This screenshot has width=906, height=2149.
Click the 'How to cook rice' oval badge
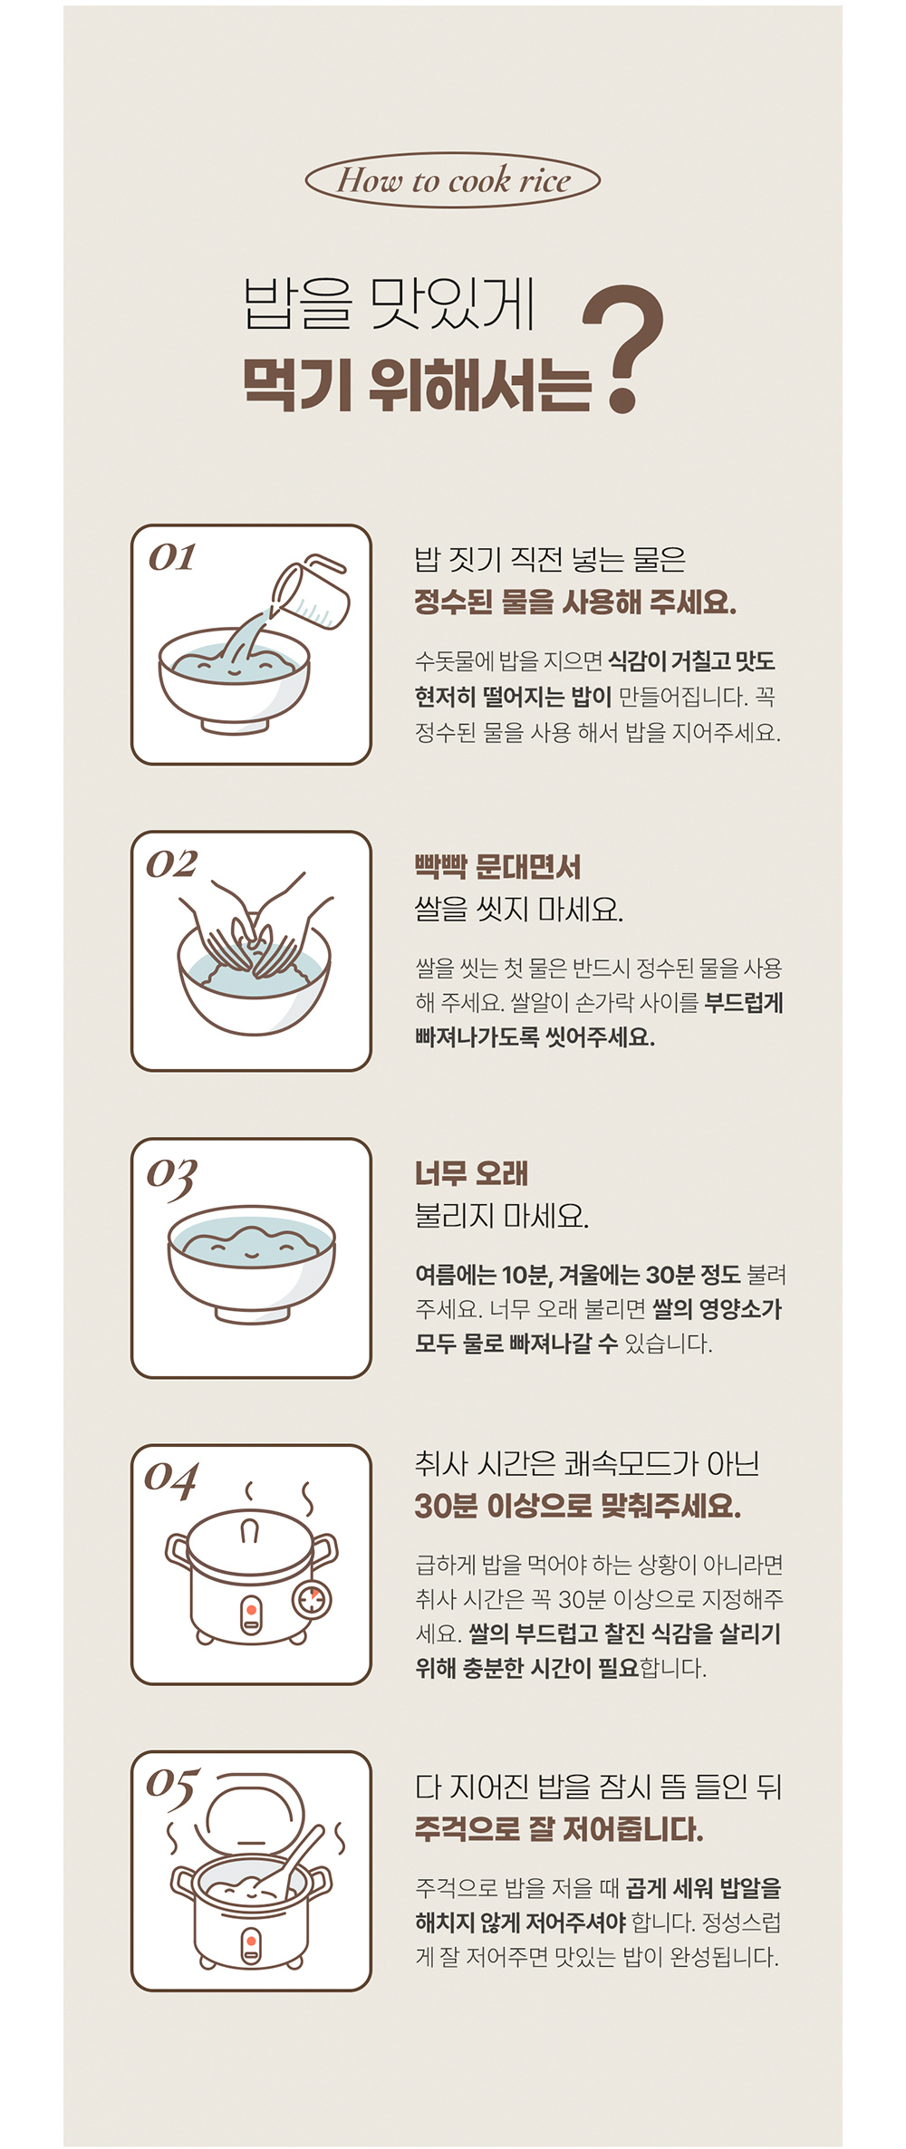(x=453, y=179)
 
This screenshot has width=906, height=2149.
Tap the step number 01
(x=172, y=556)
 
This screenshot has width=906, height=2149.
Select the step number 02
(x=172, y=863)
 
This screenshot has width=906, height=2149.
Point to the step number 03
(x=172, y=1176)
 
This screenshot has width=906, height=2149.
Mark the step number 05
(x=172, y=1788)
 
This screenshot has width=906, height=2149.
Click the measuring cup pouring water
(x=311, y=593)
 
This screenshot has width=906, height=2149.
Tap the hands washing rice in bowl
(x=255, y=926)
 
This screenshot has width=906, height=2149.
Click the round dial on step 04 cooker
(x=311, y=1599)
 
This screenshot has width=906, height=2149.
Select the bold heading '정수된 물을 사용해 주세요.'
(x=575, y=602)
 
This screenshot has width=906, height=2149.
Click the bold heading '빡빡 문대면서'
(x=497, y=867)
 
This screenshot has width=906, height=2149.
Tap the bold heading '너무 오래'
(x=471, y=1173)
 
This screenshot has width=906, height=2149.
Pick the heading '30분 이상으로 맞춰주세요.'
(x=578, y=1505)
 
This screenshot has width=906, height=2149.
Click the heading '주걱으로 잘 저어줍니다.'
(x=559, y=1829)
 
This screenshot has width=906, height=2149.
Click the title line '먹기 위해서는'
(x=416, y=384)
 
